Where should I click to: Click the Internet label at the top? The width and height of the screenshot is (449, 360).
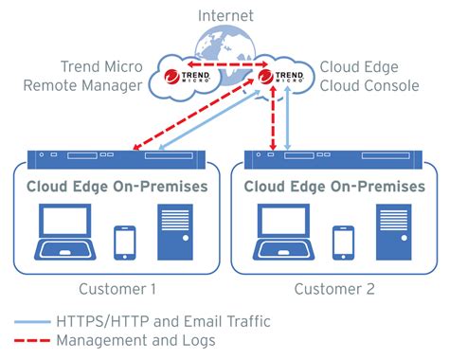click(x=225, y=15)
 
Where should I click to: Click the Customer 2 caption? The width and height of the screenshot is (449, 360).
click(x=334, y=287)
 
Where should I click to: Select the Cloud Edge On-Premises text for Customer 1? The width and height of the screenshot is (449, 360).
click(x=117, y=186)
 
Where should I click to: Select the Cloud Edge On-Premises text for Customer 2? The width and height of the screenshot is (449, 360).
click(x=334, y=186)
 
